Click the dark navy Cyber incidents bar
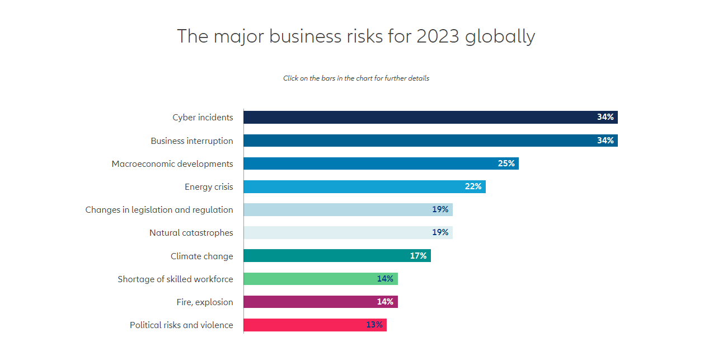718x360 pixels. [x=414, y=118]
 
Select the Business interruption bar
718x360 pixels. [x=414, y=141]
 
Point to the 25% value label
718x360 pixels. [x=506, y=163]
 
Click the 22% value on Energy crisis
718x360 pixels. [x=473, y=186]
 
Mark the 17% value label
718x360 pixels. [x=418, y=256]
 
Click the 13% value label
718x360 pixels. [x=374, y=325]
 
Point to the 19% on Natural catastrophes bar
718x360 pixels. [x=440, y=232]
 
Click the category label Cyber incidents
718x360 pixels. [x=203, y=118]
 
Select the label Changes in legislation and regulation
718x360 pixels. [x=159, y=210]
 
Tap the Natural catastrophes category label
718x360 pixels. [x=191, y=233]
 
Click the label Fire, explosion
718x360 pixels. [x=204, y=302]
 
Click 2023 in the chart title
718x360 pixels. [x=437, y=36]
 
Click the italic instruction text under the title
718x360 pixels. [x=356, y=78]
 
